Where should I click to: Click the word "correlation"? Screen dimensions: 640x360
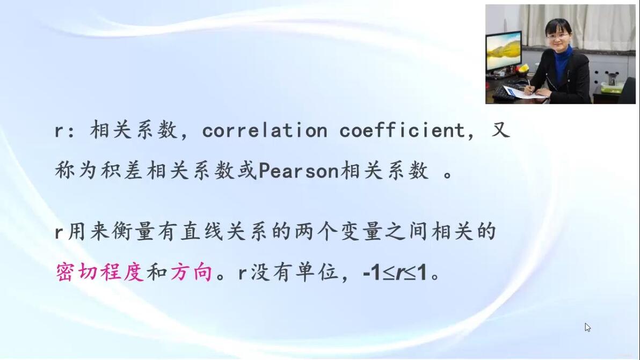[265, 130]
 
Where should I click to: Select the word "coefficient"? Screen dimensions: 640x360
[402, 130]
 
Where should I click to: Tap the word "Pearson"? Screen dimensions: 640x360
[299, 171]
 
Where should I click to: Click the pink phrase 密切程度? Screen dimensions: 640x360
[99, 272]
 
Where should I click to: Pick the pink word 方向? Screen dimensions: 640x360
[192, 272]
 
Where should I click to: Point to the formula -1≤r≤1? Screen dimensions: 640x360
[395, 273]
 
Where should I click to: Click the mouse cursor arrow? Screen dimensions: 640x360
[587, 327]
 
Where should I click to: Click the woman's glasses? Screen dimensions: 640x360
[557, 36]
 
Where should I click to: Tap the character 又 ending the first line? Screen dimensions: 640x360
[501, 130]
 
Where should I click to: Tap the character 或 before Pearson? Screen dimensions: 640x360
[248, 171]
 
